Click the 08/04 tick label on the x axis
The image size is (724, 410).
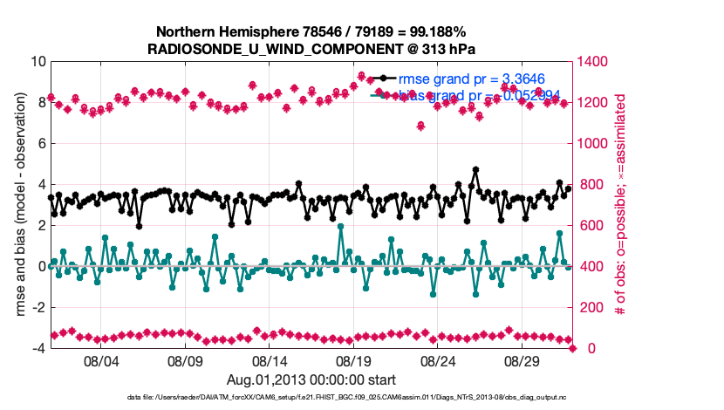coord(101,360)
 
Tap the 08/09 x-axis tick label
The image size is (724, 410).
coord(185,360)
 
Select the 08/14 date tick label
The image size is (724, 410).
coord(270,360)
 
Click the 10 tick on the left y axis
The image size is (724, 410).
coord(38,62)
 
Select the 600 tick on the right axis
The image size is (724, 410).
coord(594,226)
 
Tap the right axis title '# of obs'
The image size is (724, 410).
coord(622,205)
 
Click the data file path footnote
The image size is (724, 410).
coord(311,398)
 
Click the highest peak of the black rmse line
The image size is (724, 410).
coord(475,169)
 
